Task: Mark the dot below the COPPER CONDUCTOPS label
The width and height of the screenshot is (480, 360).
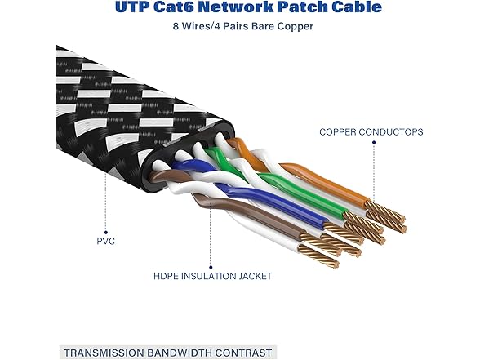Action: (374, 143)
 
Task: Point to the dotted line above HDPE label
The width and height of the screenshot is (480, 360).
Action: (194, 245)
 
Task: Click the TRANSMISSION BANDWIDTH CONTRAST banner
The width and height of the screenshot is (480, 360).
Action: (167, 352)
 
